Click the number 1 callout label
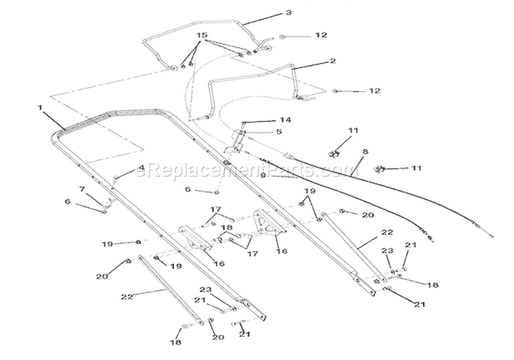click(x=40, y=108)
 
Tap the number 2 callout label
click(x=332, y=61)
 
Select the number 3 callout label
click(x=289, y=13)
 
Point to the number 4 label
click(x=142, y=168)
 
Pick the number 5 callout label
click(x=279, y=132)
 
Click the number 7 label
click(x=82, y=189)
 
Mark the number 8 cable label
click(x=365, y=152)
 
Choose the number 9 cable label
click(x=263, y=176)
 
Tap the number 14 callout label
click(x=285, y=120)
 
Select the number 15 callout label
click(x=202, y=35)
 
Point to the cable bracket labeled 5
click(x=234, y=142)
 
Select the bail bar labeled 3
click(x=204, y=23)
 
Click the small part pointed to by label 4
click(x=115, y=178)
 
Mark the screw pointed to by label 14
click(x=243, y=123)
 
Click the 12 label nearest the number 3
click(x=321, y=35)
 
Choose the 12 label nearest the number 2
click(x=374, y=91)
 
